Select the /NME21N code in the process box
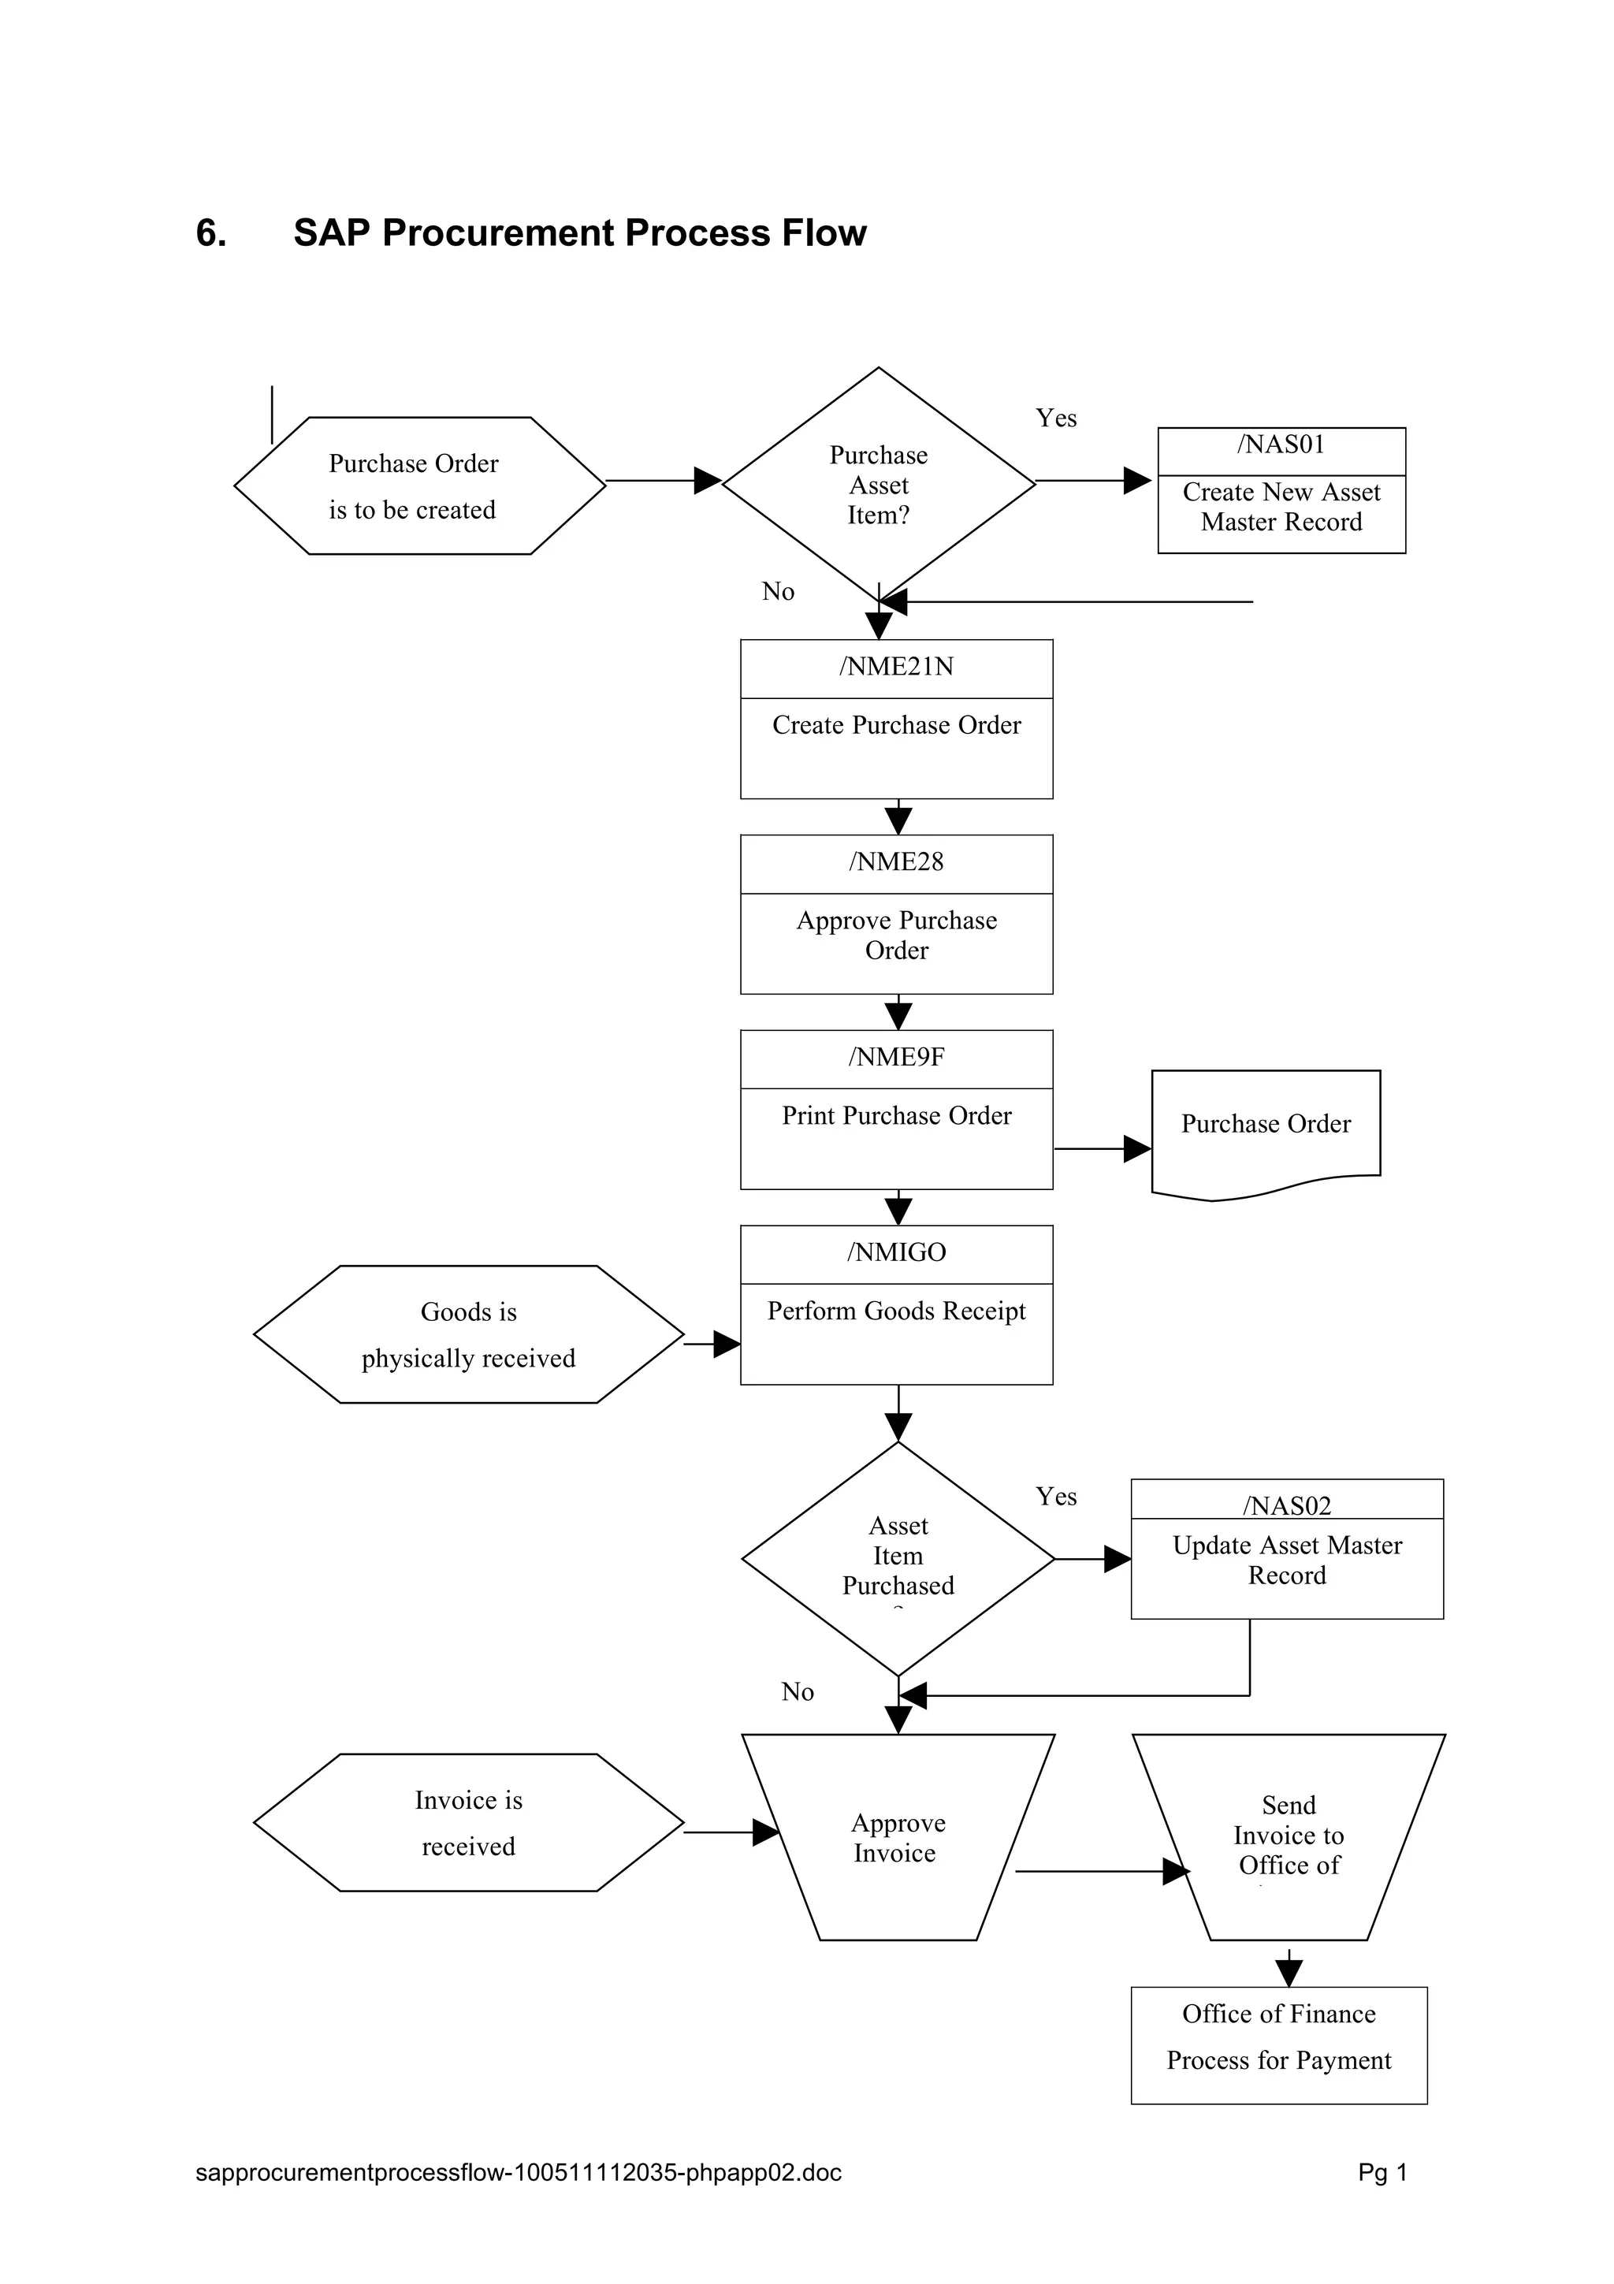point(896,667)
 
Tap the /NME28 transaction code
point(896,861)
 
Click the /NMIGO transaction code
point(896,1252)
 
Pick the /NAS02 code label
point(1286,1506)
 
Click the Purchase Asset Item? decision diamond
point(878,485)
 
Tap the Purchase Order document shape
point(1265,1129)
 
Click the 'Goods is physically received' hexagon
point(468,1334)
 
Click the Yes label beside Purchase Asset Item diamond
point(1055,418)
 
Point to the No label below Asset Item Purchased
point(797,1692)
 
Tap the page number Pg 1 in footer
point(1382,2173)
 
